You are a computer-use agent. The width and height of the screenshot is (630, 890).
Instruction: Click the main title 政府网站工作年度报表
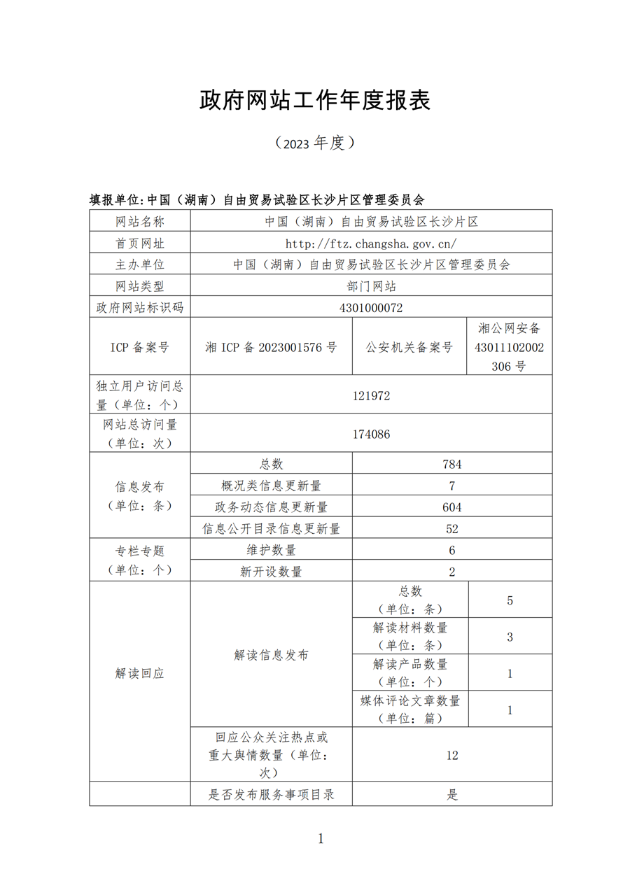coord(315,101)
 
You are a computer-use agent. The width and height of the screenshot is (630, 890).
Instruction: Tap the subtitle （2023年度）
coord(315,143)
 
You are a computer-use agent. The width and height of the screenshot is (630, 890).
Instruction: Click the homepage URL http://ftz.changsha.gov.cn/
coord(371,243)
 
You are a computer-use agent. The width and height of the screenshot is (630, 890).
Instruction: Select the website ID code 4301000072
coord(371,308)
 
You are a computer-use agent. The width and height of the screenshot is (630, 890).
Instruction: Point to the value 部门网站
coord(371,286)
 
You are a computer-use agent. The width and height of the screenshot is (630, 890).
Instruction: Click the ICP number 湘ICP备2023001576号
coord(271,347)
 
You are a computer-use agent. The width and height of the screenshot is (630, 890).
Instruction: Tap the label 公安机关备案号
coord(409,347)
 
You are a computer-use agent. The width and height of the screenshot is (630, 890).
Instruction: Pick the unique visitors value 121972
coord(371,395)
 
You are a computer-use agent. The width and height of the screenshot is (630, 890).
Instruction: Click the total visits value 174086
coord(371,434)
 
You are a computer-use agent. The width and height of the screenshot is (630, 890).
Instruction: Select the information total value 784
coord(452,464)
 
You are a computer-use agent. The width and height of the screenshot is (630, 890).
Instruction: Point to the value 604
coord(452,507)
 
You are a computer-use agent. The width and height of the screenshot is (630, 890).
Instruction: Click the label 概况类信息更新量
coord(271,486)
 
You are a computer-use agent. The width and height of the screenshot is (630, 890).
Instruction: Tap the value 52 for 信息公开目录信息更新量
coord(452,529)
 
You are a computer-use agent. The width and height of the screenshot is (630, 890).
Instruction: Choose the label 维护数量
coord(271,550)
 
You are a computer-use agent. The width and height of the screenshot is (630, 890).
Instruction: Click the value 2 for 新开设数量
coord(452,572)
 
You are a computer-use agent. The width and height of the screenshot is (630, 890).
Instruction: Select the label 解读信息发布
coord(271,655)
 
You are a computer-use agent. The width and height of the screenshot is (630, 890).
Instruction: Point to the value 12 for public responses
coord(452,755)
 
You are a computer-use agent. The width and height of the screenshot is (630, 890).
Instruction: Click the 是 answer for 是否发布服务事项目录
coord(452,794)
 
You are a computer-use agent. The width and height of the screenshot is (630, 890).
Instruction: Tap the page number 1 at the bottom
coord(321,839)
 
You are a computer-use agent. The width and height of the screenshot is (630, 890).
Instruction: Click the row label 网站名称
coord(140,222)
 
